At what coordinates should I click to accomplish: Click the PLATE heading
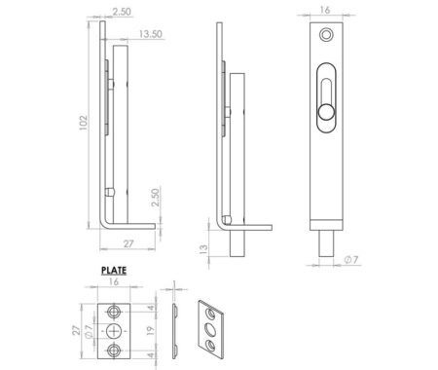114,271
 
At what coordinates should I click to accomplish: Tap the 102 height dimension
84,123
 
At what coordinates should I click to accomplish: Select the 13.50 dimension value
150,34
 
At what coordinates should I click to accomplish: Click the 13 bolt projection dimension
203,248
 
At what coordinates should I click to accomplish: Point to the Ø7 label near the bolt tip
351,260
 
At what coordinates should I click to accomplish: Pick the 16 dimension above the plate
114,281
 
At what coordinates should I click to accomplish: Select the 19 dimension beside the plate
150,331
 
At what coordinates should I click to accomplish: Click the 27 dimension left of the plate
76,330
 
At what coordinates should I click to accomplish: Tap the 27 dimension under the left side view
128,243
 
